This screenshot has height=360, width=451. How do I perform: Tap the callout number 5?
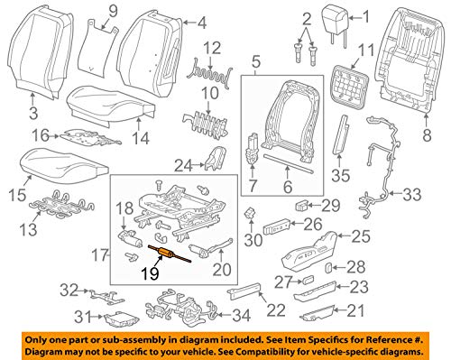(x=255, y=63)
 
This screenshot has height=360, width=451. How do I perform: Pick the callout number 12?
(x=212, y=46)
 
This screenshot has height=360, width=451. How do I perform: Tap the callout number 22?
(x=274, y=311)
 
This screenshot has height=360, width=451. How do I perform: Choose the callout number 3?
(x=32, y=113)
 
